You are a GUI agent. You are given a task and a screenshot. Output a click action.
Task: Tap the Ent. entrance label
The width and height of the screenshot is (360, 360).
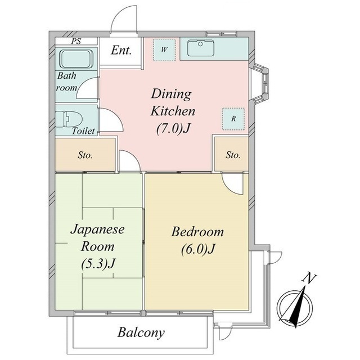click(121, 51)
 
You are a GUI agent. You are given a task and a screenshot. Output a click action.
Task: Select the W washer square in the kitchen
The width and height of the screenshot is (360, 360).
click(164, 49)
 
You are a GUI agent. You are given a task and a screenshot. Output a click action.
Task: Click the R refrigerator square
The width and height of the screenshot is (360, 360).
click(233, 119)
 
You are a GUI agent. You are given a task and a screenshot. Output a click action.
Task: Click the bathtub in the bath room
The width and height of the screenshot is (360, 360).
click(77, 58)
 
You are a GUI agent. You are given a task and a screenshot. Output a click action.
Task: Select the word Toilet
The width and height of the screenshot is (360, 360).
click(83, 131)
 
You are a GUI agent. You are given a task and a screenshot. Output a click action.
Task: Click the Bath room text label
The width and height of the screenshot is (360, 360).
click(66, 82)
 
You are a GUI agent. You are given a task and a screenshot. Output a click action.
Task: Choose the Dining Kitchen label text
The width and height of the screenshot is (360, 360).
click(172, 102)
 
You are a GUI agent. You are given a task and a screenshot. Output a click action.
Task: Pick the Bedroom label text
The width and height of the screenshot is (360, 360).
click(197, 231)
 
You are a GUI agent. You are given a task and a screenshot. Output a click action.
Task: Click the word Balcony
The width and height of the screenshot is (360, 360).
click(141, 332)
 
